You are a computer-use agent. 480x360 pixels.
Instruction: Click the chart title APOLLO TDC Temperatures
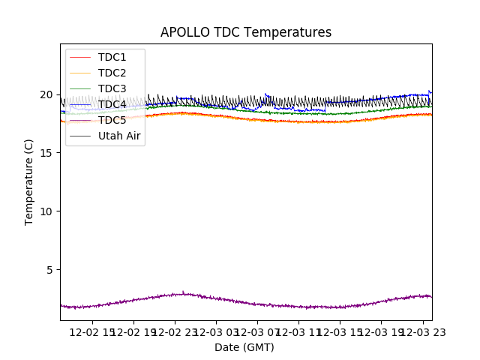click(246, 33)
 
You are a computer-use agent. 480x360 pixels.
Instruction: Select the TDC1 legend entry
click(112, 57)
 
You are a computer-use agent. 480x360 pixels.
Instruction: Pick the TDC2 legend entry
click(112, 73)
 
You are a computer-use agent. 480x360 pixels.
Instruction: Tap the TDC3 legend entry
click(112, 88)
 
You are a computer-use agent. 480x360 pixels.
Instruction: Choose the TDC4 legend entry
click(112, 104)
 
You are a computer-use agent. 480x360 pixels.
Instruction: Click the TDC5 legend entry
click(112, 120)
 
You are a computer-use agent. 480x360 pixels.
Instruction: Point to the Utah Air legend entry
click(119, 136)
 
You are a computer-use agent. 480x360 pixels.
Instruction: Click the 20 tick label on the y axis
click(48, 94)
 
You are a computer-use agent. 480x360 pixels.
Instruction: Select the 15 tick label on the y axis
click(48, 153)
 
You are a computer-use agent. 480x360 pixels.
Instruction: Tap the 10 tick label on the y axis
click(48, 211)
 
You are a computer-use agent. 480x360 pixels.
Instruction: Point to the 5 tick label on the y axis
click(51, 269)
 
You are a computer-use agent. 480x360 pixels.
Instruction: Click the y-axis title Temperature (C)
click(29, 181)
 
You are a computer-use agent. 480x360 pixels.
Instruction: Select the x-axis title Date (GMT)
click(244, 347)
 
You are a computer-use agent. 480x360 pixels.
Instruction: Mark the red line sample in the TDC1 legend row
click(79, 57)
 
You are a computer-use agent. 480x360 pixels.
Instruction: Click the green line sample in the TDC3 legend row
click(79, 88)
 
